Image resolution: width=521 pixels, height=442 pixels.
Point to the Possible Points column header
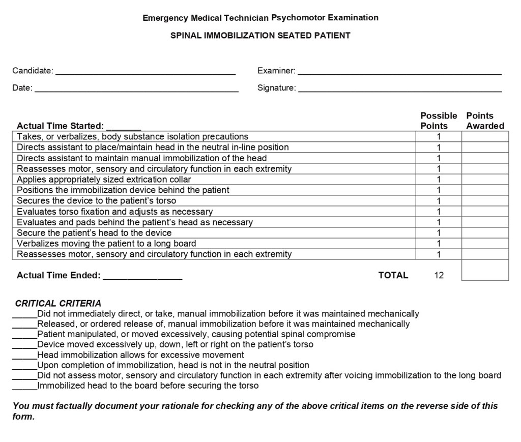438,121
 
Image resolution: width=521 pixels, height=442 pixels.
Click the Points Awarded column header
485,121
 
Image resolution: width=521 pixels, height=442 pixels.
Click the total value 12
439,275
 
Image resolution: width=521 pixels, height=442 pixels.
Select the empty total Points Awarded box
485,270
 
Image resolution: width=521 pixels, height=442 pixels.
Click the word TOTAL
393,275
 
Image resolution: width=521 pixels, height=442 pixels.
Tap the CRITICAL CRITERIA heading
58,304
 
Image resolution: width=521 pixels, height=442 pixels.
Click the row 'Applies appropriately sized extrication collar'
104,179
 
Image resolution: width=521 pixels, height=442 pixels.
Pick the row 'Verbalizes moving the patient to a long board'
106,243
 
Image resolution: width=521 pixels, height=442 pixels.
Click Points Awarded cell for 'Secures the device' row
485,200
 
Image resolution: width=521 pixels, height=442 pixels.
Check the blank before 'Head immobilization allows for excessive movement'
24,356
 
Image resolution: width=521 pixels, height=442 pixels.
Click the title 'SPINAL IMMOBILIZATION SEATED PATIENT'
260,36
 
